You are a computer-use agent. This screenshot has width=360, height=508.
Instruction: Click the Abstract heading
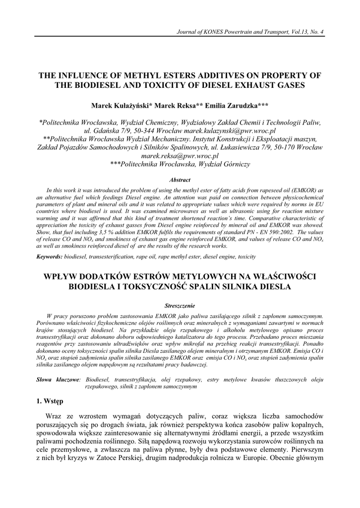(180, 180)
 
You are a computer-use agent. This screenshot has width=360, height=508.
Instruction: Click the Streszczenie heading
(180, 306)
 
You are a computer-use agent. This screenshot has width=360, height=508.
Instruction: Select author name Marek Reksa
(176, 106)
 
